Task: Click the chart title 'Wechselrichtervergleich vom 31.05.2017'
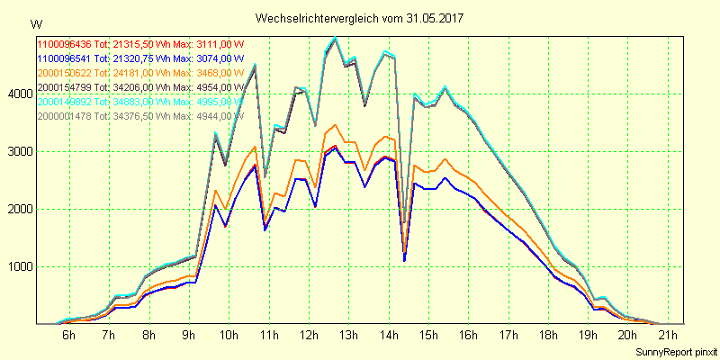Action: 361,18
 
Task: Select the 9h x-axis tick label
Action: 189,336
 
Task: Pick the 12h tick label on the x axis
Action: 309,336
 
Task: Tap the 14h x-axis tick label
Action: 389,336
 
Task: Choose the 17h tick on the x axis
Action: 508,336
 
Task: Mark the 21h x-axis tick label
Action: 668,336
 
